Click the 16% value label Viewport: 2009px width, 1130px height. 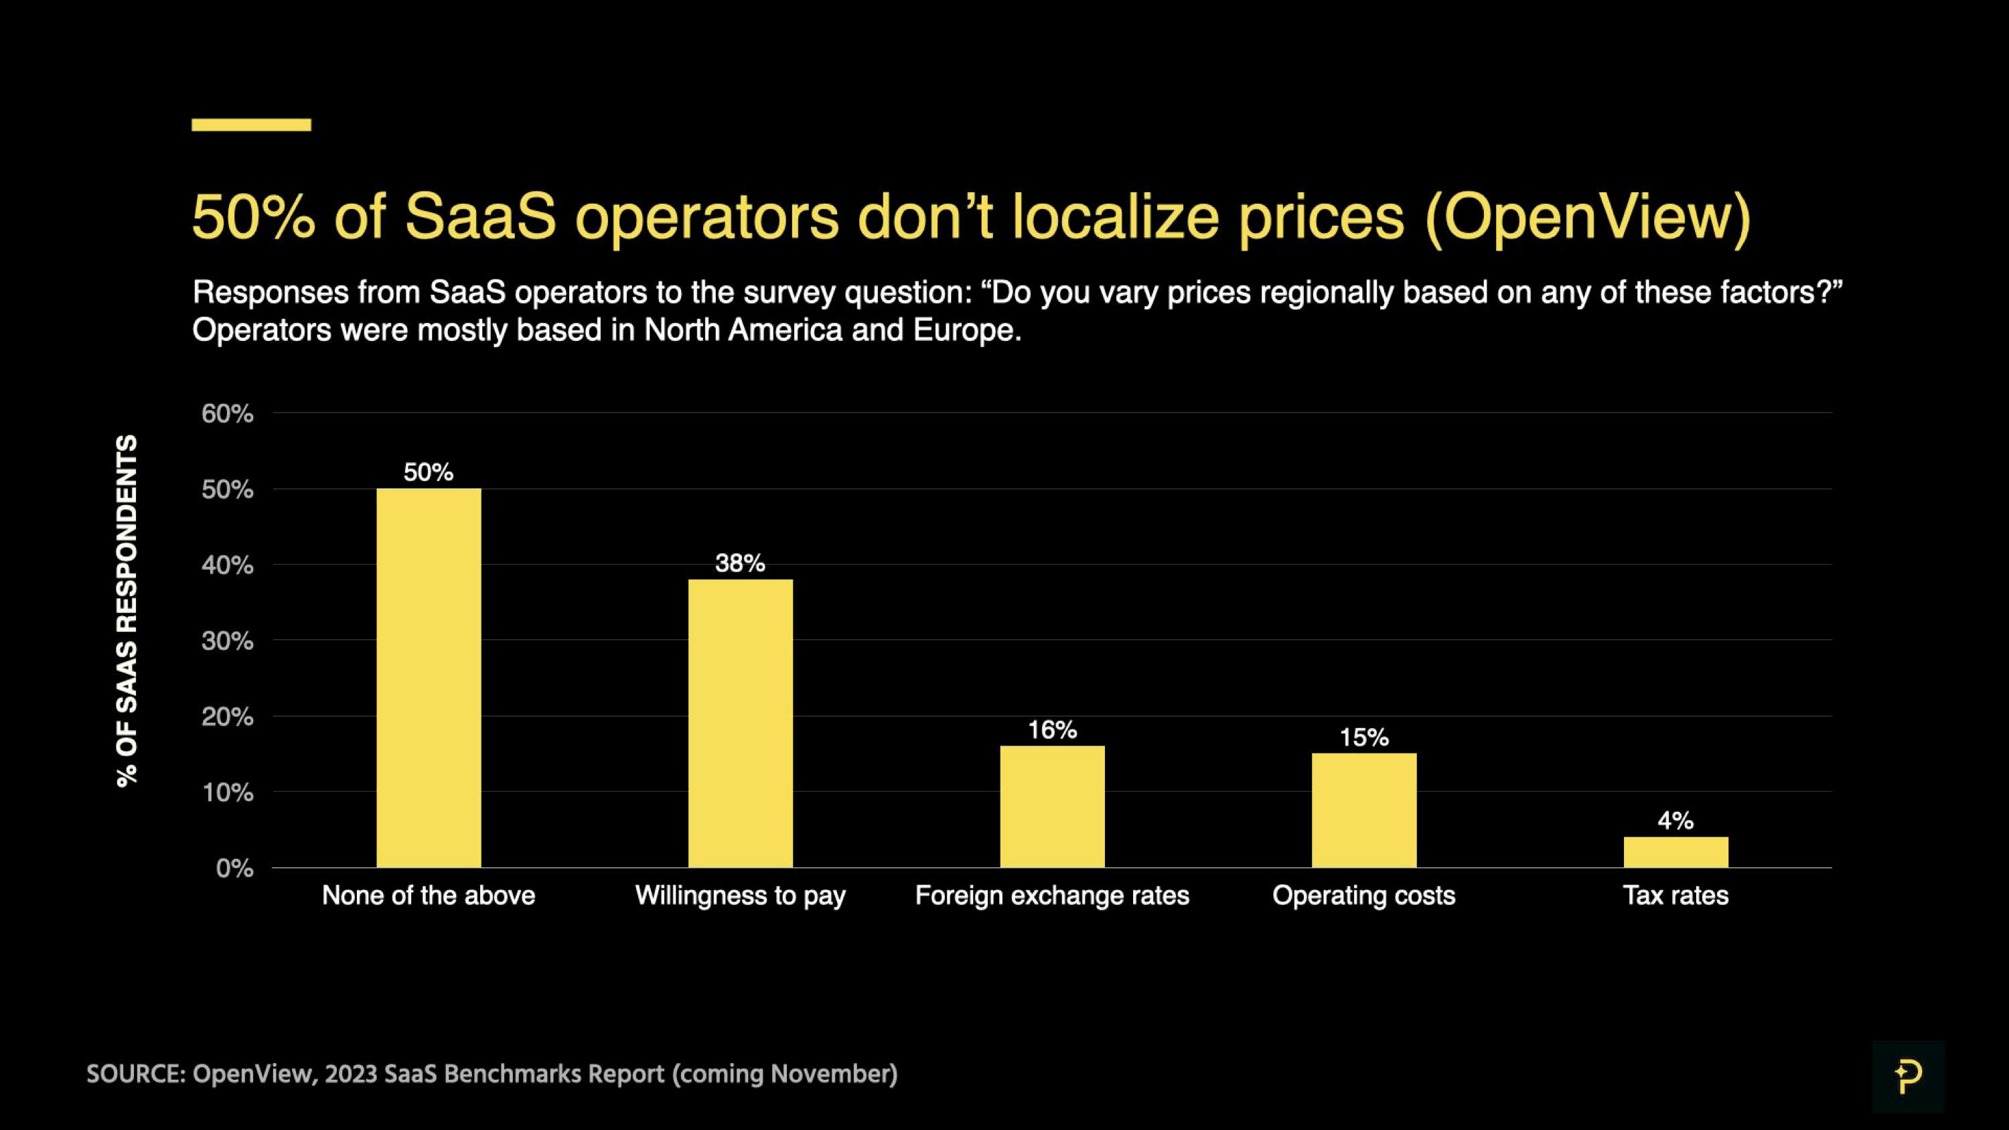click(1052, 729)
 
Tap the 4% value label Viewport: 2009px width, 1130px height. click(1676, 820)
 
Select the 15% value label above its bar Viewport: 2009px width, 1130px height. click(1363, 737)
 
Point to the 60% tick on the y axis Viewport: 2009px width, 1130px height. click(227, 413)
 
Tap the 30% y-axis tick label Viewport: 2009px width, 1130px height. click(227, 641)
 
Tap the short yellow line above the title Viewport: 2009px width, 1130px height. click(251, 125)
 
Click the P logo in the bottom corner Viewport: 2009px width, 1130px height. click(1908, 1076)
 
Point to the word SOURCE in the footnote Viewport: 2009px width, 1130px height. click(133, 1074)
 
